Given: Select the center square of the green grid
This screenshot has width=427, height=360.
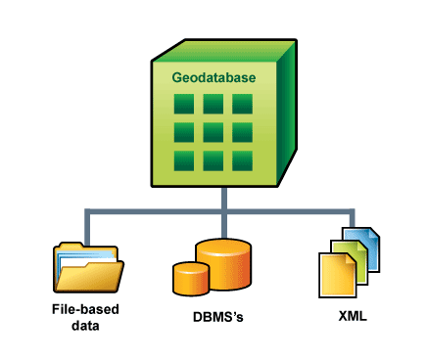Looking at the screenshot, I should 213,132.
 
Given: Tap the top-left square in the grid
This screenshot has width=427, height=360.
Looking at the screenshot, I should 183,104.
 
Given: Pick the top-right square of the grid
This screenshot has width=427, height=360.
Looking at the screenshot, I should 242,104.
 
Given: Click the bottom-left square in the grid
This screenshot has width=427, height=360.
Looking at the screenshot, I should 183,160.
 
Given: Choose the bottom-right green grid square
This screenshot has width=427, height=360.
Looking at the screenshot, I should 242,160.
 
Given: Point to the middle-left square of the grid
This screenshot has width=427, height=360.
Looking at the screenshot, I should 183,132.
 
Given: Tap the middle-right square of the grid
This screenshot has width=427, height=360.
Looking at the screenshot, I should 242,132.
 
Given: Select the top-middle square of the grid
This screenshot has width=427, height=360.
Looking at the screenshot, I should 213,104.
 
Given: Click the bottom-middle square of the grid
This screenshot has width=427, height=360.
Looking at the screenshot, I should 213,160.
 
